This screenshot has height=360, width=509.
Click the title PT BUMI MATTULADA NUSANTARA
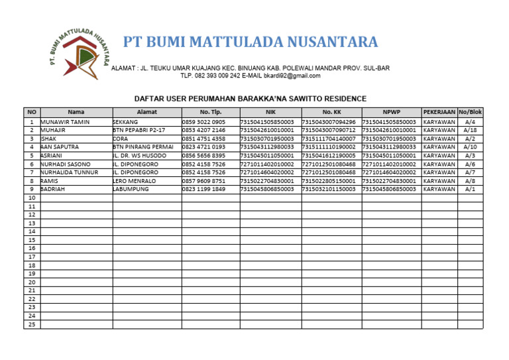pos(251,42)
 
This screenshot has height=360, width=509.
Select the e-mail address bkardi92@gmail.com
pos(292,76)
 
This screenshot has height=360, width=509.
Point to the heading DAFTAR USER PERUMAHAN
pos(250,99)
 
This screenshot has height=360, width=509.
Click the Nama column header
pos(76,112)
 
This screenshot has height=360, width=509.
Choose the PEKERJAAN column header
pos(439,112)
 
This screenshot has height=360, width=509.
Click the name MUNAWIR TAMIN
pos(65,122)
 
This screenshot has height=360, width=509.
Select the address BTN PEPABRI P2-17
pos(139,131)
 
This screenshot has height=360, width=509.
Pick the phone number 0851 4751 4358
pos(203,139)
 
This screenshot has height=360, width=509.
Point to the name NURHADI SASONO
pos(66,164)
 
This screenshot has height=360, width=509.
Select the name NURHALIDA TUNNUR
pos(69,172)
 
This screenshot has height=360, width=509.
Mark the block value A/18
pos(470,131)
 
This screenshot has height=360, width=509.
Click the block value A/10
pos(470,147)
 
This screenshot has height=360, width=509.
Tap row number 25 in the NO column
pos(31,324)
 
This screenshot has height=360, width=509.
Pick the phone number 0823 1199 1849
pos(203,189)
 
